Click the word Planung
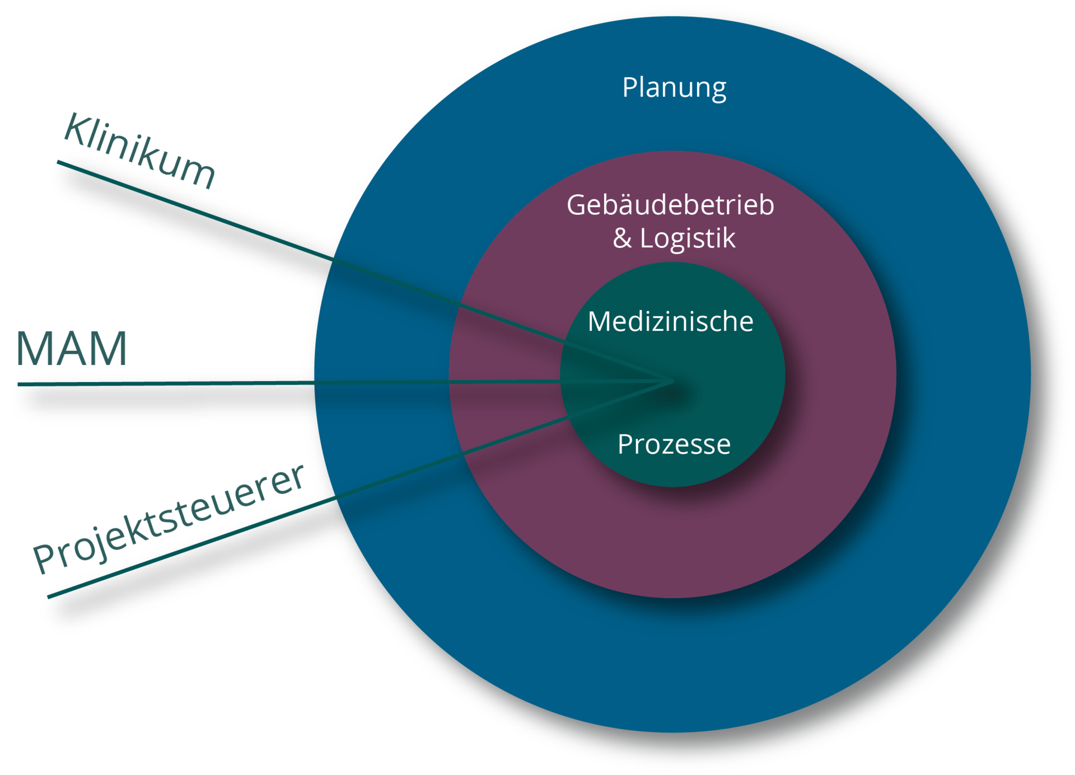coord(674,88)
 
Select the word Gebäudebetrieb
coord(670,205)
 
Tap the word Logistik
coord(688,239)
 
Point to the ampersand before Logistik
coord(622,238)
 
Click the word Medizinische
coord(670,322)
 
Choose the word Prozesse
coord(674,445)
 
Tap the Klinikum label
coord(139,150)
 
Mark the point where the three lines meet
coord(674,382)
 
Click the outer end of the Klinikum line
coord(57,162)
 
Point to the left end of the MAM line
coord(18,384)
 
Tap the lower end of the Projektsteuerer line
coord(48,597)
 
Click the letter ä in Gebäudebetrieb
coord(624,205)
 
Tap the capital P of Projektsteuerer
coord(45,558)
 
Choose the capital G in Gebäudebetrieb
coord(577,205)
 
